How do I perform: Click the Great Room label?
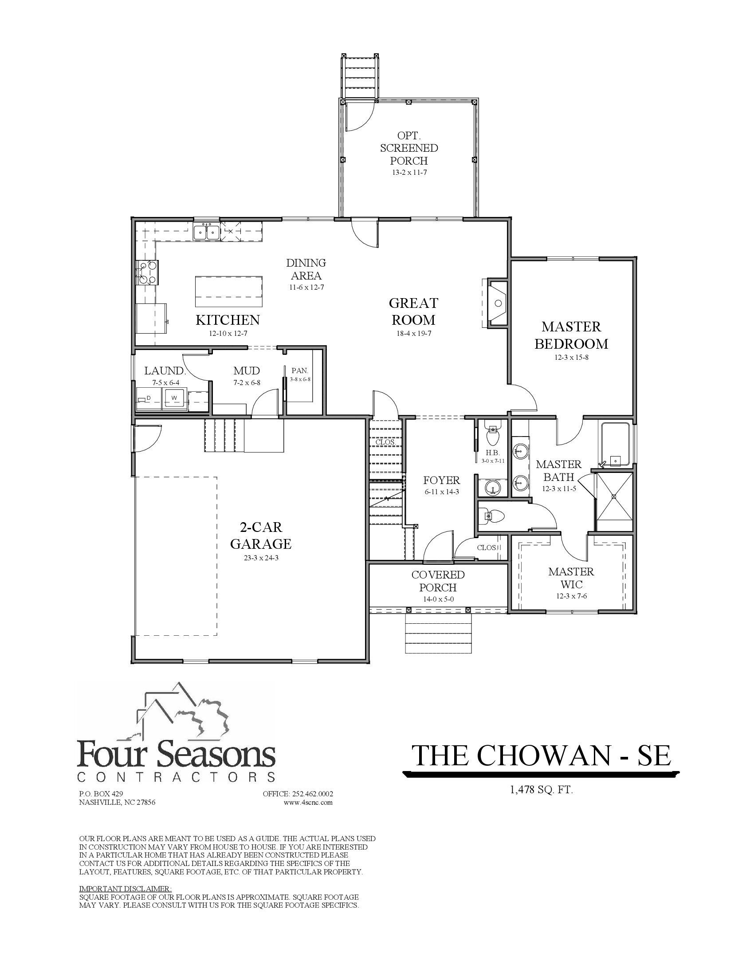[413, 311]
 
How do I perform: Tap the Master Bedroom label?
[571, 335]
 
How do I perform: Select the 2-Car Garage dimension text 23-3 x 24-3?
[261, 558]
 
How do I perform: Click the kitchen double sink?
[206, 232]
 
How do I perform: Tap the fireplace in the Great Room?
[497, 303]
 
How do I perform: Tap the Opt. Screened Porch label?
[409, 148]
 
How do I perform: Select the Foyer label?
[441, 480]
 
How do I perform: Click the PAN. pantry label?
[300, 370]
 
